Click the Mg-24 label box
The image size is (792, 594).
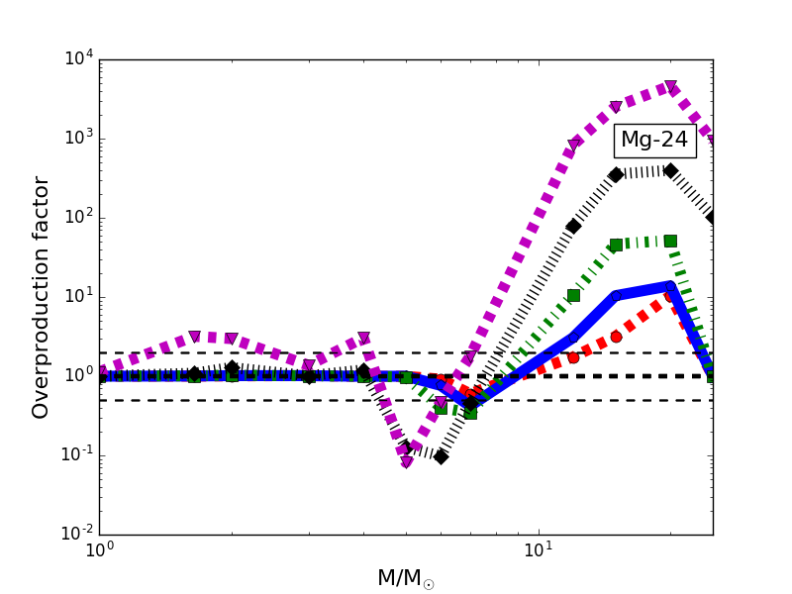653,141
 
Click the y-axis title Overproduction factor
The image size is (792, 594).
41,297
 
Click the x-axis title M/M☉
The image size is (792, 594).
406,578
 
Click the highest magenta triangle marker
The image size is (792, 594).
670,87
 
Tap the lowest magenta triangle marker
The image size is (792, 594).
407,462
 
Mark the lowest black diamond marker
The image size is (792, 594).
441,456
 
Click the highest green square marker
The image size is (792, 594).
670,241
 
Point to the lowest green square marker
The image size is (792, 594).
470,413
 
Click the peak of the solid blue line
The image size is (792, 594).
670,285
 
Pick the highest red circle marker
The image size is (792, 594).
670,295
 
